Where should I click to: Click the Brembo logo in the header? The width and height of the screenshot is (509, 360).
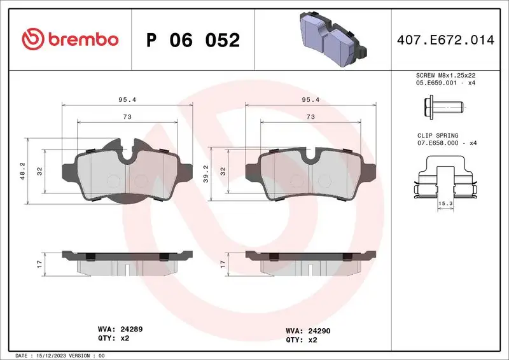coord(70,39)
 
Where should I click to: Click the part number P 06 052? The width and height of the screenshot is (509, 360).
coord(193,40)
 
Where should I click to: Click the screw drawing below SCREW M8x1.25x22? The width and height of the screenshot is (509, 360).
coord(441,107)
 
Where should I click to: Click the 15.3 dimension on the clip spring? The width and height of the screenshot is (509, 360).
coord(446,203)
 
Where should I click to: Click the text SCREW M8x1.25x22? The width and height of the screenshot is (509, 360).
coord(445,75)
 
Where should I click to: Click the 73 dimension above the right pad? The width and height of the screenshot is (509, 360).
coord(310,117)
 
